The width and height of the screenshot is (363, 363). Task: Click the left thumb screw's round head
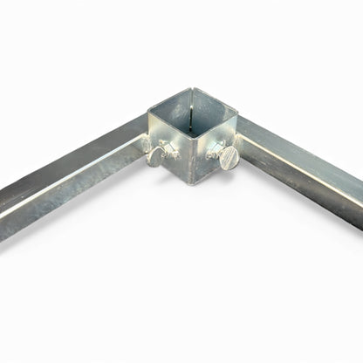click(x=155, y=158)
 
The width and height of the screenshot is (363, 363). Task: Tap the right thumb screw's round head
click(x=229, y=159)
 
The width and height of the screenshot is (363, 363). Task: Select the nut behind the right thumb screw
click(x=215, y=149)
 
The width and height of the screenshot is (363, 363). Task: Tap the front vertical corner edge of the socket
click(x=190, y=161)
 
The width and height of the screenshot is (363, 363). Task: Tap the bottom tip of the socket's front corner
click(x=189, y=182)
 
